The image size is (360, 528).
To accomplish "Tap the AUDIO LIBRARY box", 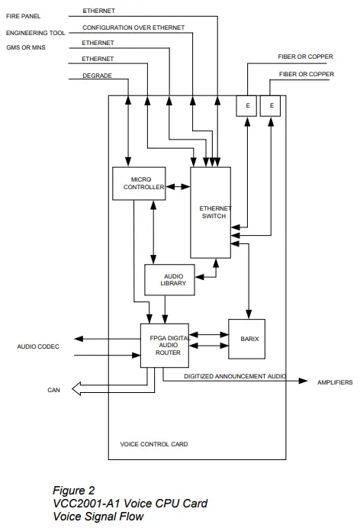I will pos(169,278).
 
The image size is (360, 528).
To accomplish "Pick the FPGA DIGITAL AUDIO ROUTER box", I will pos(164,345).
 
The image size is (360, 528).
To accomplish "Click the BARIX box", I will pos(247,339).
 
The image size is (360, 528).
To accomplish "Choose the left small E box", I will pos(246,105).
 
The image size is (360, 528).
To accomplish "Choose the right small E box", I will pos(272,105).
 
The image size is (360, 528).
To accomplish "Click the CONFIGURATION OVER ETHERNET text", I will pos(133,27).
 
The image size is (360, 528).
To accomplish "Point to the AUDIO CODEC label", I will pos(38,346).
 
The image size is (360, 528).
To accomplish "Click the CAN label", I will pos(53,390).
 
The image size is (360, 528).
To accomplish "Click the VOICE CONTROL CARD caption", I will pos(154,443).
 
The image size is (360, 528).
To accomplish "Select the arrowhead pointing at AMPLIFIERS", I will pos(304,381).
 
